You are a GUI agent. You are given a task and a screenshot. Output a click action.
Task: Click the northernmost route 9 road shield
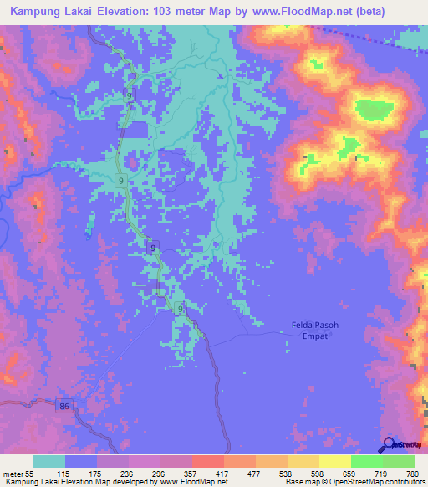130,95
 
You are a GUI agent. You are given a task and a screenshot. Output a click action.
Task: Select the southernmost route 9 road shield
180,309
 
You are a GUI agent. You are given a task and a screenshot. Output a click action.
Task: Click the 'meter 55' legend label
17,474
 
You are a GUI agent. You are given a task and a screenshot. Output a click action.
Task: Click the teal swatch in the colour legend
49,461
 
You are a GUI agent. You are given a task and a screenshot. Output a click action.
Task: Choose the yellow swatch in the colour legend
335,461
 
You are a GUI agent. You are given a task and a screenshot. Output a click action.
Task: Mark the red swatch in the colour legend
208,461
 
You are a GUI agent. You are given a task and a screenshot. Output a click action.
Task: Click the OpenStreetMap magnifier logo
389,444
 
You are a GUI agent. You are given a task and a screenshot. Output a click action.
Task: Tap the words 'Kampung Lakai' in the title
51,12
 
